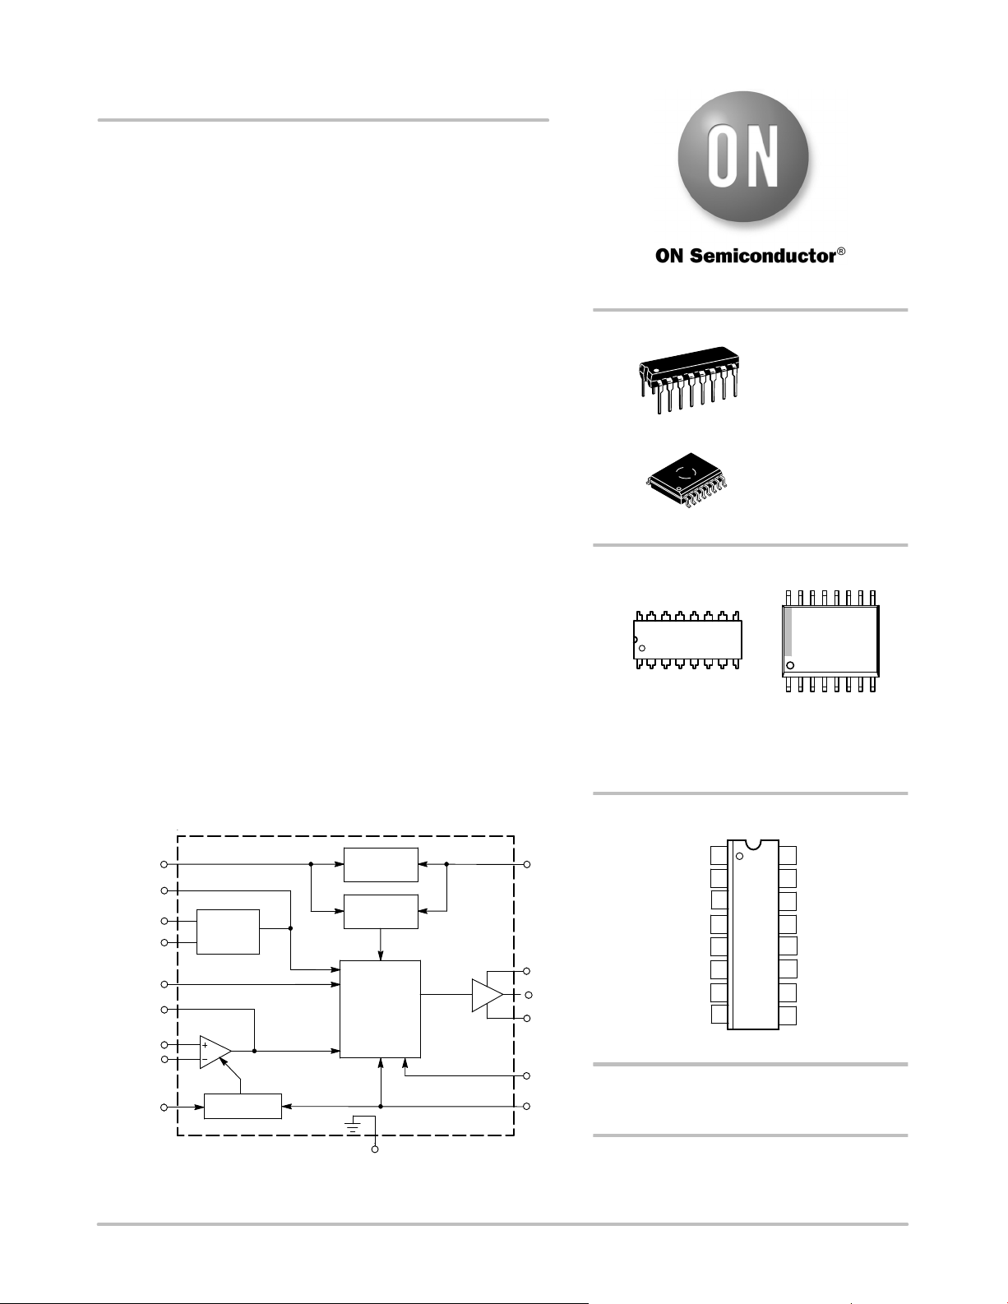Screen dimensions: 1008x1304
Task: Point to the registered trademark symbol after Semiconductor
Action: [x=841, y=252]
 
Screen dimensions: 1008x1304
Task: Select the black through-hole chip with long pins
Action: [x=689, y=379]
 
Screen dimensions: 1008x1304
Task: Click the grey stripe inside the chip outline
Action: [x=788, y=632]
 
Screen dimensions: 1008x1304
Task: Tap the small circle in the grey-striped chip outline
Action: [x=790, y=665]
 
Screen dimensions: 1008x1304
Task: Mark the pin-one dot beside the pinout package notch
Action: [x=739, y=857]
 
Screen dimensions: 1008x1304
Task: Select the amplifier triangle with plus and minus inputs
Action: [x=215, y=1052]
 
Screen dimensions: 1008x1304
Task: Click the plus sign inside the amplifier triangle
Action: [x=206, y=1045]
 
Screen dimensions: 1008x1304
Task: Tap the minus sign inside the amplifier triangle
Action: [x=205, y=1059]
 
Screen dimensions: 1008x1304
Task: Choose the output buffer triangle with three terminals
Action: [x=488, y=995]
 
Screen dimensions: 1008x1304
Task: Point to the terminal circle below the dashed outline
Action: [x=375, y=1149]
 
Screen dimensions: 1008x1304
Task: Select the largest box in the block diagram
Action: [x=380, y=1009]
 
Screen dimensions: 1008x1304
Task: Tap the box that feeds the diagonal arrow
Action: [x=243, y=1106]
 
